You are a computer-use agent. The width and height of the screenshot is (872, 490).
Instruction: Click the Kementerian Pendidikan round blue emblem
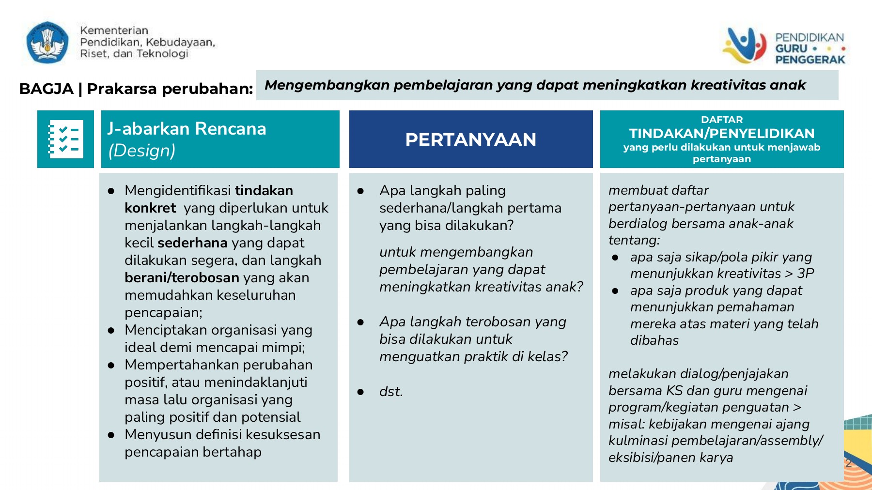[47, 42]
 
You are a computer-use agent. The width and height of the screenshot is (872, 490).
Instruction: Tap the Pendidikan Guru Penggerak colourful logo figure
[745, 46]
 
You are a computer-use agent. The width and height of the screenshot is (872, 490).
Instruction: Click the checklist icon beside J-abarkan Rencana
[65, 139]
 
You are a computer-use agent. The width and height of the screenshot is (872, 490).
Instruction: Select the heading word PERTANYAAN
[470, 139]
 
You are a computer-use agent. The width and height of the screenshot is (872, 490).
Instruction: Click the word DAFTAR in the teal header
[721, 120]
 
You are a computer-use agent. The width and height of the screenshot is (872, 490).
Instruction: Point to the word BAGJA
[46, 89]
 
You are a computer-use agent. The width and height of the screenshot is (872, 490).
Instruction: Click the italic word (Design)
[141, 151]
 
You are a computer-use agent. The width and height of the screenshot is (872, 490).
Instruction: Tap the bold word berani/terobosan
[182, 277]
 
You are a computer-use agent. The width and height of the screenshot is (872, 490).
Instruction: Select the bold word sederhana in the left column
[192, 243]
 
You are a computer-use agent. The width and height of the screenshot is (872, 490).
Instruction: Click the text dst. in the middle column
[391, 391]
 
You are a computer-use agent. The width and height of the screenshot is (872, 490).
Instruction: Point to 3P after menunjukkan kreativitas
[806, 274]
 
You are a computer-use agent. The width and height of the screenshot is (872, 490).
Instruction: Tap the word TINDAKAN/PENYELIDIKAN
[721, 133]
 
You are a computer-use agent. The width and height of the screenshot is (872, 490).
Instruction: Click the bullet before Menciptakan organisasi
[111, 331]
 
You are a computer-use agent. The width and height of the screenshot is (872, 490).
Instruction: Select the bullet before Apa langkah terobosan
[360, 322]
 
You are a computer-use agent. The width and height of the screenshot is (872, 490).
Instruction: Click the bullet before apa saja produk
[615, 291]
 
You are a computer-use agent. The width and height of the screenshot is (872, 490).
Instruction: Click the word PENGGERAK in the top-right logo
[810, 60]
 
